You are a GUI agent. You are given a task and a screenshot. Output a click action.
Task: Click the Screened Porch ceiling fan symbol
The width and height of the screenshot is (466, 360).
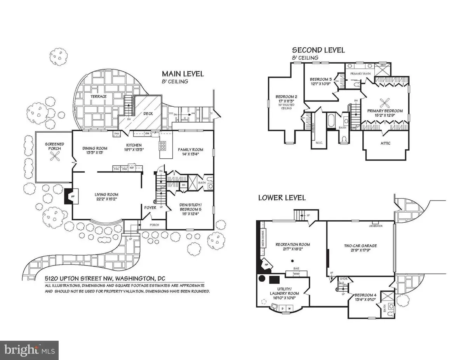[x=54, y=157]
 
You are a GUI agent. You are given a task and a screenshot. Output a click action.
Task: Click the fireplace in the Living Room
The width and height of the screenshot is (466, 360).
[x=70, y=196]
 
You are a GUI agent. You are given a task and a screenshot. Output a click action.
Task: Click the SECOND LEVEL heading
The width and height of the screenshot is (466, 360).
[x=318, y=50]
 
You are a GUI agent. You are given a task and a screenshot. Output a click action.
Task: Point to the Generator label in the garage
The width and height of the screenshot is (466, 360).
[x=376, y=226]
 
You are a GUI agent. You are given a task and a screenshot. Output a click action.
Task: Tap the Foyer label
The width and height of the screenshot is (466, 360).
[x=150, y=208]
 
